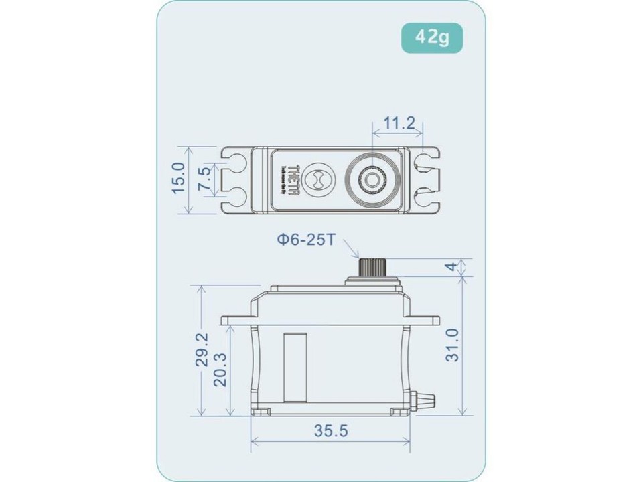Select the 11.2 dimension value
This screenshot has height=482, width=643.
pos(401,123)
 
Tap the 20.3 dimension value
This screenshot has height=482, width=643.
pos(220,369)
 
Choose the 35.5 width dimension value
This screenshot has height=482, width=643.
pos(332,431)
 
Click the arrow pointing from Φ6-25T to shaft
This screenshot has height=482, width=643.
pos(354,252)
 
